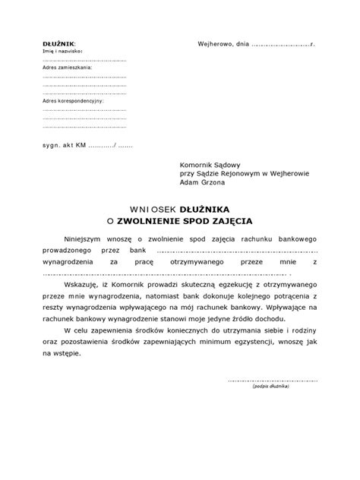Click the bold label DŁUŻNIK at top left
(58, 45)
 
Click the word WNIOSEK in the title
(152, 207)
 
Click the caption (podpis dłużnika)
(273, 386)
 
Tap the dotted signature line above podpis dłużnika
(273, 380)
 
